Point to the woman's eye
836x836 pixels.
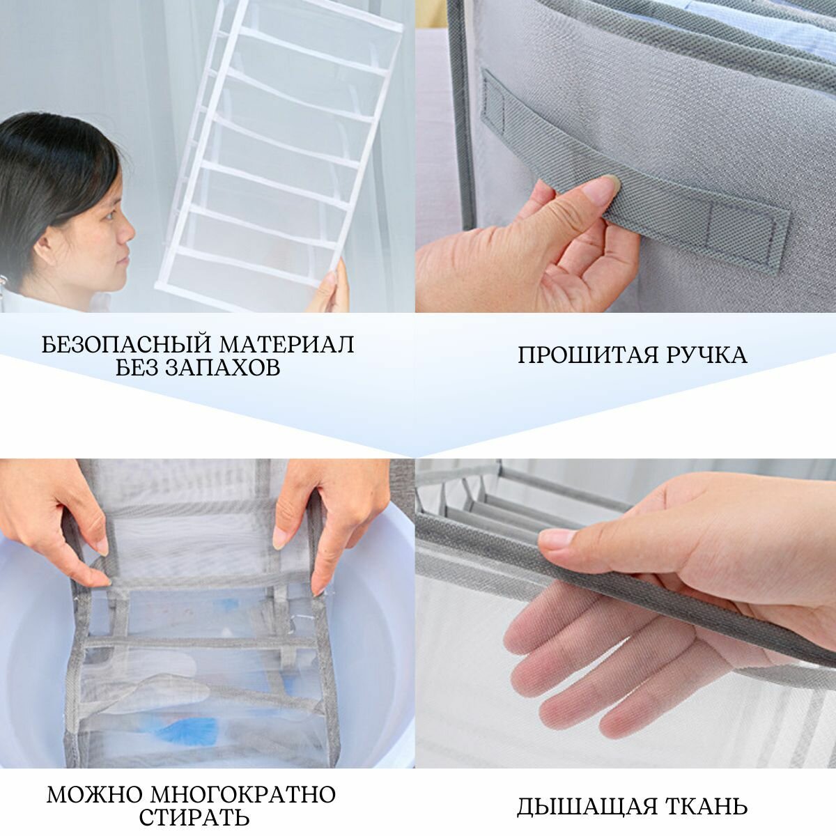point(111,215)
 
